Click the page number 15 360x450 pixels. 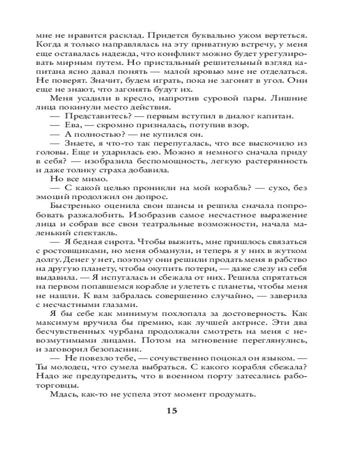[x=172, y=410]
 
